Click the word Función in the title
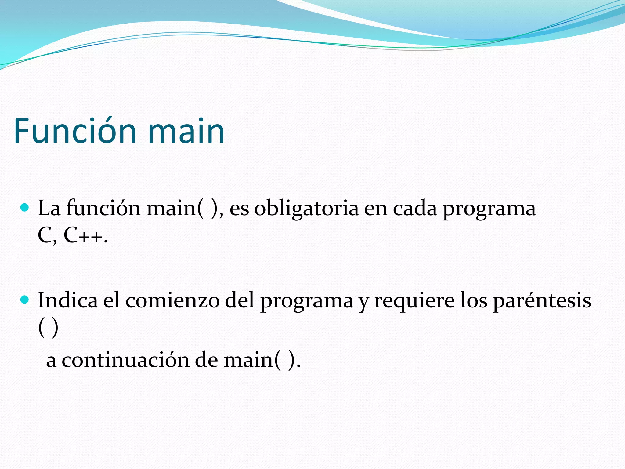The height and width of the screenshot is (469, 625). [x=75, y=131]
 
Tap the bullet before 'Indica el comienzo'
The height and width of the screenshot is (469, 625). [x=24, y=300]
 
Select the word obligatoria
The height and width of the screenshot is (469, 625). [x=306, y=209]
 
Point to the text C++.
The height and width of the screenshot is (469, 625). [x=86, y=236]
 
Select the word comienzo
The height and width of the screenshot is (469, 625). [x=172, y=300]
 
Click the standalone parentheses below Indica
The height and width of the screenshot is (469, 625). [x=48, y=328]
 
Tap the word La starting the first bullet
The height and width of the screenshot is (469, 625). [x=49, y=209]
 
